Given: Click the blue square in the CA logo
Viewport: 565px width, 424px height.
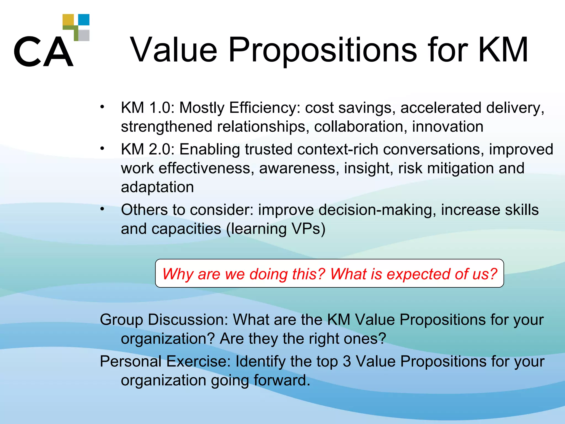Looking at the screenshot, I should click(x=84, y=20).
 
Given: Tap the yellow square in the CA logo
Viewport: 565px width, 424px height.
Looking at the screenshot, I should click(x=68, y=20).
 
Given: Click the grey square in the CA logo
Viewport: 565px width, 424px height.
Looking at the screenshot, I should click(x=84, y=35).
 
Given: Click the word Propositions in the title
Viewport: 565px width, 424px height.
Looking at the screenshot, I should click(x=323, y=51).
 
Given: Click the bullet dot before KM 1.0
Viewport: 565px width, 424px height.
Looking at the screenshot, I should click(x=102, y=107).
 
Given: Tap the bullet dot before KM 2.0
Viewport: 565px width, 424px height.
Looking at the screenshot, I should click(x=102, y=148).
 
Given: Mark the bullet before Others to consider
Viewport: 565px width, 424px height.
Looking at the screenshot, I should click(x=102, y=209).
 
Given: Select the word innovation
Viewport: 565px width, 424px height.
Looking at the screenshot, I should click(x=447, y=127).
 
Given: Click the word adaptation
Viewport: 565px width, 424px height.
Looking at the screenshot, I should click(x=157, y=187).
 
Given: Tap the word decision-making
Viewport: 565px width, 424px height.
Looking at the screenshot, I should click(x=377, y=210).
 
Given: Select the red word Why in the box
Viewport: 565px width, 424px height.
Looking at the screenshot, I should click(x=178, y=274).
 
